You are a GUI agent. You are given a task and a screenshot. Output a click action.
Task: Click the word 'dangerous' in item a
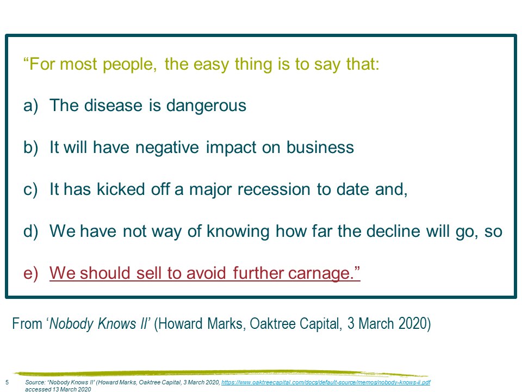(x=206, y=106)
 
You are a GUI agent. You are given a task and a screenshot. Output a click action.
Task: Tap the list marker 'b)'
(x=30, y=148)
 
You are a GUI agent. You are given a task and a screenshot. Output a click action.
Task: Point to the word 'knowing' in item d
(x=238, y=232)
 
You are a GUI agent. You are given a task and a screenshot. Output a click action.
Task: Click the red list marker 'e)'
(x=30, y=273)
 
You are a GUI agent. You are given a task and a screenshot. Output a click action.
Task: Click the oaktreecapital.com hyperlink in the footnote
(x=326, y=382)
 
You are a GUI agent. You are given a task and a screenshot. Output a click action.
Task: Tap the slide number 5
(x=7, y=382)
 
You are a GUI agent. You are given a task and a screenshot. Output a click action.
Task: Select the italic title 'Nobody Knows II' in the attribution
(x=98, y=323)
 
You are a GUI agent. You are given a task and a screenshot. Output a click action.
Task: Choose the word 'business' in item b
(x=320, y=148)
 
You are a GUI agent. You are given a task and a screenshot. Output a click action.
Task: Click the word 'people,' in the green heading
(x=130, y=64)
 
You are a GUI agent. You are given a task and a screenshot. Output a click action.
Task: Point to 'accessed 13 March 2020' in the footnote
(x=58, y=389)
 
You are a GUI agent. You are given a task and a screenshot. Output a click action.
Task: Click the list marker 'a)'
(x=30, y=106)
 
